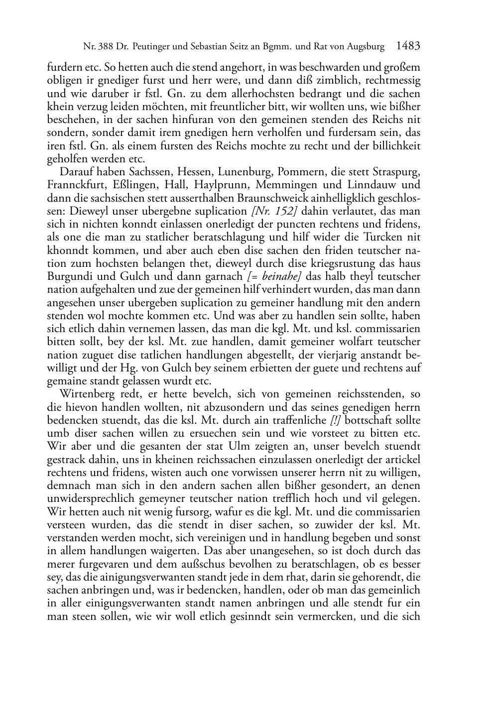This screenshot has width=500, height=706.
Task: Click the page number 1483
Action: [x=408, y=46]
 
